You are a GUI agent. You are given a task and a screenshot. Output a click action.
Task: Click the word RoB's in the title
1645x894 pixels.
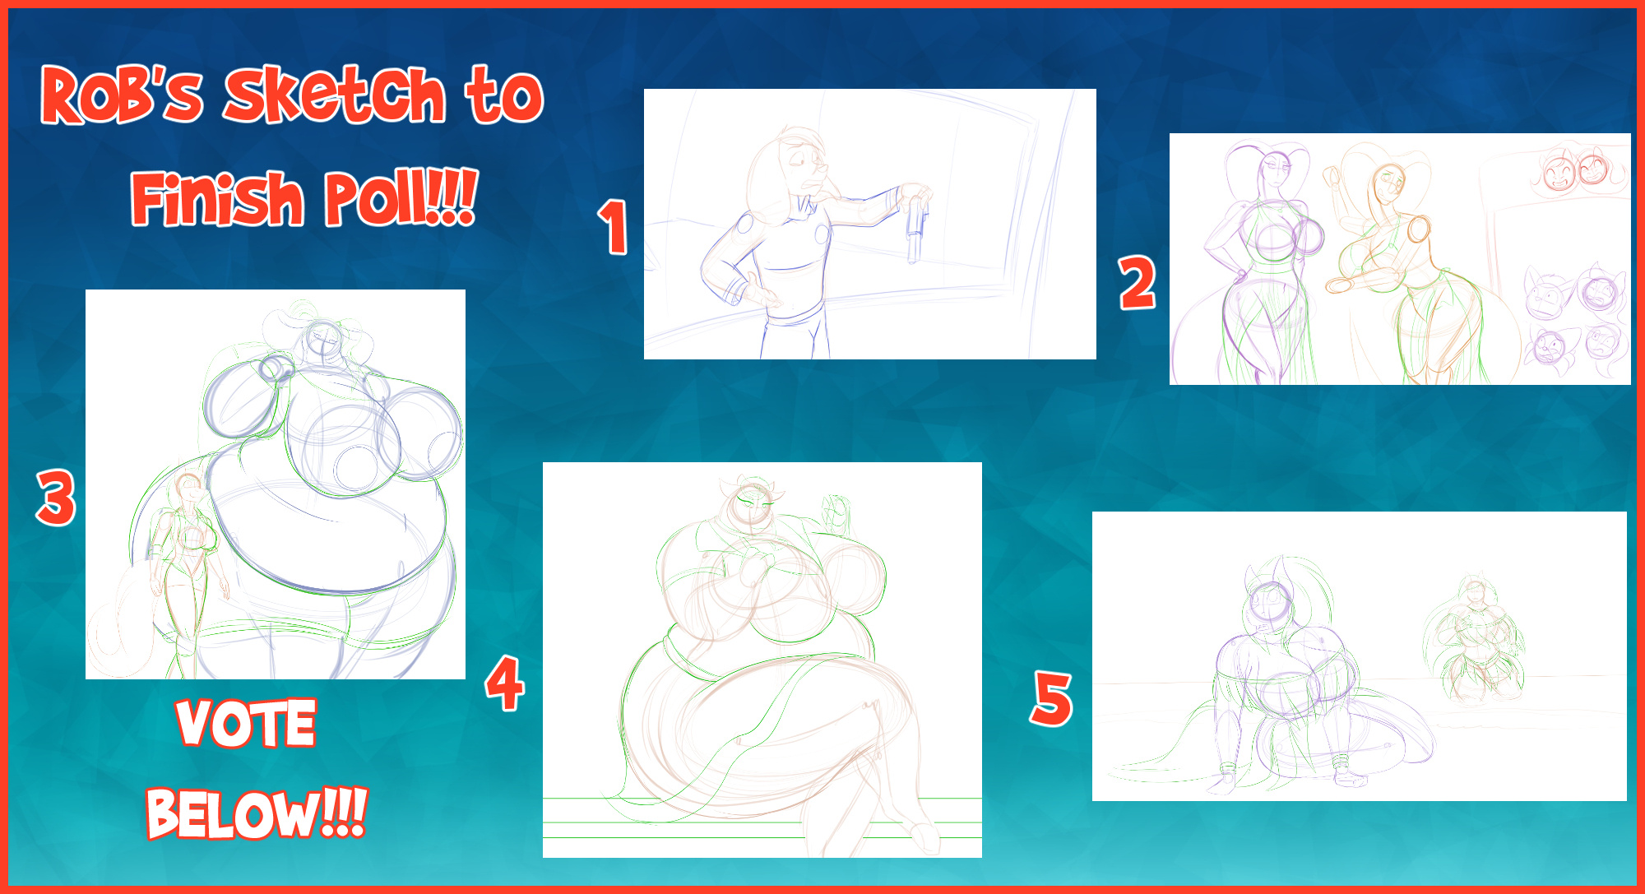click(x=122, y=95)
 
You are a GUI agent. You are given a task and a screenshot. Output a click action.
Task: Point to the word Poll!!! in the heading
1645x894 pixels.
click(x=401, y=198)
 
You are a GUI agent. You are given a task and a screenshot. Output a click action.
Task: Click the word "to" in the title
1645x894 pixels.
click(x=504, y=96)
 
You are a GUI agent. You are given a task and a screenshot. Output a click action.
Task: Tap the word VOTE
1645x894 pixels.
click(x=246, y=723)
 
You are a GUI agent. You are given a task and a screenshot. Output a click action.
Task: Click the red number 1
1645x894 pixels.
click(x=613, y=226)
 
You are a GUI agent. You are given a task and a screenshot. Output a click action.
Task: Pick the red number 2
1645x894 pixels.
click(x=1138, y=283)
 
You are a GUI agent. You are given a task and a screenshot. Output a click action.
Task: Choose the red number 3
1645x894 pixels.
click(x=56, y=498)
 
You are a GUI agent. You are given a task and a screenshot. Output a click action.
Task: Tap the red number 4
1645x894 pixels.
click(x=505, y=683)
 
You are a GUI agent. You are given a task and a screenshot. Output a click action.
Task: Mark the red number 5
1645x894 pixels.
click(x=1052, y=698)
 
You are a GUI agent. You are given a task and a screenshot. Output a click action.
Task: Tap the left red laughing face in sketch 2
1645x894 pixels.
click(x=1557, y=173)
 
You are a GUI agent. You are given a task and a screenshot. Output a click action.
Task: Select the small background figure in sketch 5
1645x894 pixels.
click(x=1475, y=642)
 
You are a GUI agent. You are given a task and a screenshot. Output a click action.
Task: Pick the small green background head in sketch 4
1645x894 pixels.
click(x=836, y=512)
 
